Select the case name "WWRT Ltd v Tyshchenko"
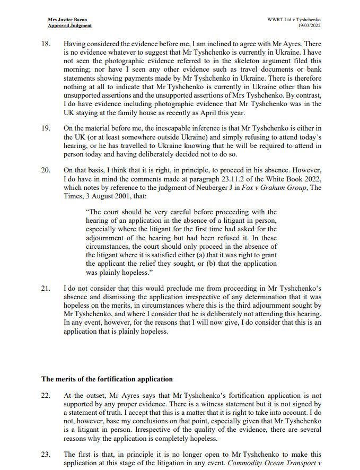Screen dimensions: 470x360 click(294, 20)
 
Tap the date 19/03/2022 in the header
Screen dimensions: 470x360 click(306, 25)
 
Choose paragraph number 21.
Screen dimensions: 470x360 click(46, 289)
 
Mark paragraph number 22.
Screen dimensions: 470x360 click(46, 396)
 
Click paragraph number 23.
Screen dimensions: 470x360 click(46, 455)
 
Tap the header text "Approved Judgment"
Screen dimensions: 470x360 click(69, 25)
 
